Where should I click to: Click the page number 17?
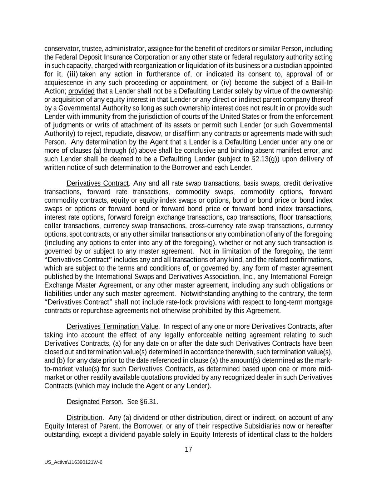188,450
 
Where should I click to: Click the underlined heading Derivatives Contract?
97,183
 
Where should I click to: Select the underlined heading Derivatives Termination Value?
112,326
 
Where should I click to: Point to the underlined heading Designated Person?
94,402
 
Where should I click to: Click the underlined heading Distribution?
84,417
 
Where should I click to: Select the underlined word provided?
81,91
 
